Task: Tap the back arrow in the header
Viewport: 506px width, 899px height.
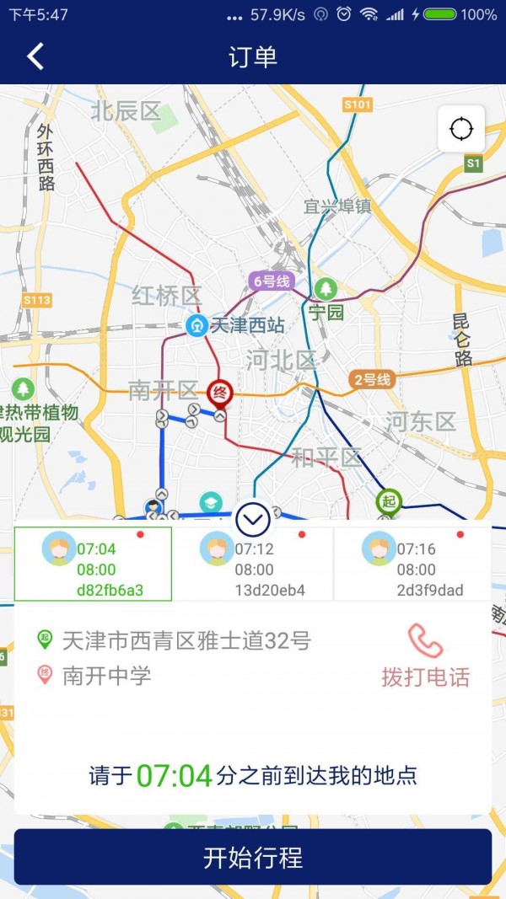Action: coord(35,56)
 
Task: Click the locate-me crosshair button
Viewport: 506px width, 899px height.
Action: coord(461,129)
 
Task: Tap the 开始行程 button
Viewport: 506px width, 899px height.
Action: coord(253,857)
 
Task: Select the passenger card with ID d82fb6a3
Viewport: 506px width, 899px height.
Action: coord(93,564)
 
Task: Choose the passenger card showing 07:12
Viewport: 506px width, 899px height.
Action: coord(253,564)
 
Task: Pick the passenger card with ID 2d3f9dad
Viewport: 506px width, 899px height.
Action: coord(413,564)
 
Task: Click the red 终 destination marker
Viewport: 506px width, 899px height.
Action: coord(219,392)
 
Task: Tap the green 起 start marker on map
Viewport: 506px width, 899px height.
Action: coord(389,501)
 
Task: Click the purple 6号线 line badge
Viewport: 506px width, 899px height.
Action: coord(271,281)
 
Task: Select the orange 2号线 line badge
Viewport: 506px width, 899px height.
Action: coord(372,379)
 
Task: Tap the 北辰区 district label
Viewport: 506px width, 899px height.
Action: coord(126,110)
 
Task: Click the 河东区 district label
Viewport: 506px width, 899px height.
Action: coord(420,421)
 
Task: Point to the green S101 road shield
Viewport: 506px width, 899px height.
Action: coord(358,104)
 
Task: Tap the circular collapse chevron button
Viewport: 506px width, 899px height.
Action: coord(253,520)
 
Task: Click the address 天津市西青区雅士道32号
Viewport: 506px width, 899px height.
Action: coord(186,640)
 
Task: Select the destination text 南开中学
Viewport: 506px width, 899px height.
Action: coord(106,676)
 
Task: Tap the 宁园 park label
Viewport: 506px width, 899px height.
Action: coord(326,313)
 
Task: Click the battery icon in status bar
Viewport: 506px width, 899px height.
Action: coord(440,14)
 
